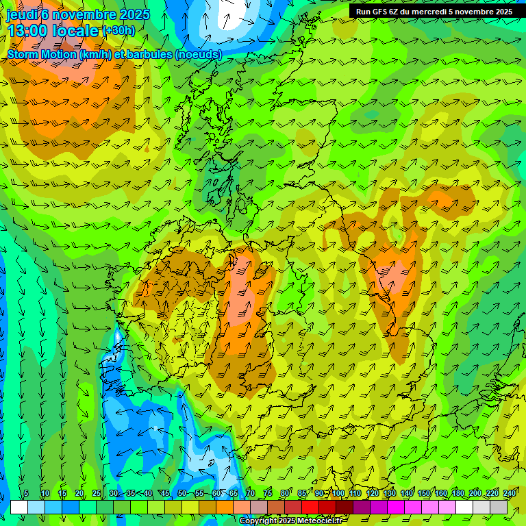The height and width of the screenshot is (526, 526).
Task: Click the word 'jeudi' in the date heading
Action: [21, 14]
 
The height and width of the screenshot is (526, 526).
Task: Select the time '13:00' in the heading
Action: [30, 31]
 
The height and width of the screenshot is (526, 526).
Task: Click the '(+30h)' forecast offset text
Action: [118, 30]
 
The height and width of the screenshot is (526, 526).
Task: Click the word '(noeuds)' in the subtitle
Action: [198, 54]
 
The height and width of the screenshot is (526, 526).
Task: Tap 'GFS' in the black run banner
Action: [378, 12]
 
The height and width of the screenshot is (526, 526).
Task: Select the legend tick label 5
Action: [26, 493]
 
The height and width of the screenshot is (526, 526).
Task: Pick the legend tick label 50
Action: [182, 493]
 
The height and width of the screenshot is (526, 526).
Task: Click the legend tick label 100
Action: [338, 493]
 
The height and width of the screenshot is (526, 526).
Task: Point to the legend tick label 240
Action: [510, 493]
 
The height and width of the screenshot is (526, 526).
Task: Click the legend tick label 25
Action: [96, 493]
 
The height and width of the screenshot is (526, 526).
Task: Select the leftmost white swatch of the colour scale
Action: [19, 507]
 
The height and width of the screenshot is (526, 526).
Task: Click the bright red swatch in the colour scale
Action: [310, 507]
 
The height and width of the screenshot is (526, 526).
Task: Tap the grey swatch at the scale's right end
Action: [499, 507]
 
